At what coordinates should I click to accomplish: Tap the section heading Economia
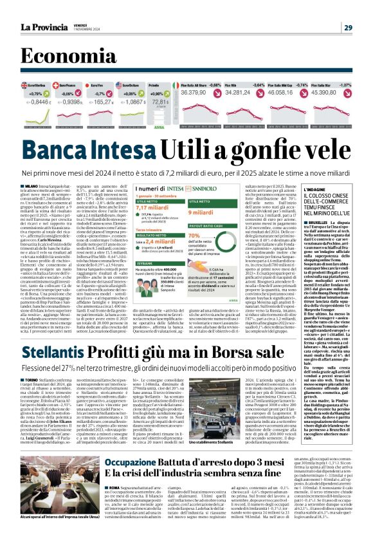point(64,58)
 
